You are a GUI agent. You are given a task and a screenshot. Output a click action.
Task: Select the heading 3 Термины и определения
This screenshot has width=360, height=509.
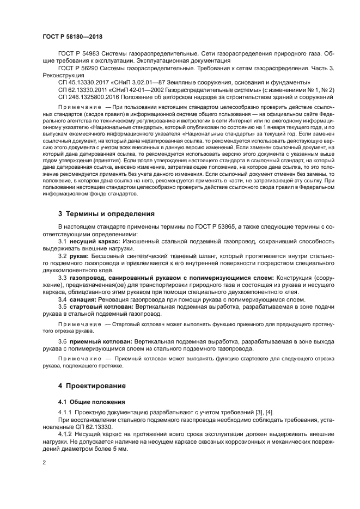106,213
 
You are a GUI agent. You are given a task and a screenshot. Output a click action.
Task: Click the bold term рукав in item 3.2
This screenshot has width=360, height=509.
79,255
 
